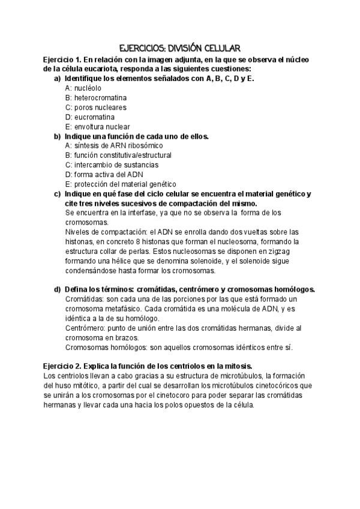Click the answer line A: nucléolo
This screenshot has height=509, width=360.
[83, 88]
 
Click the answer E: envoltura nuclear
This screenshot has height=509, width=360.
[97, 127]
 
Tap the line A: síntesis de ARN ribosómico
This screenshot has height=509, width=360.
[113, 145]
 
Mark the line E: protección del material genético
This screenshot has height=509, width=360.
[121, 184]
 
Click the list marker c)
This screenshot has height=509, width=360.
[57, 193]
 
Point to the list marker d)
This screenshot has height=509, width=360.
[57, 289]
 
